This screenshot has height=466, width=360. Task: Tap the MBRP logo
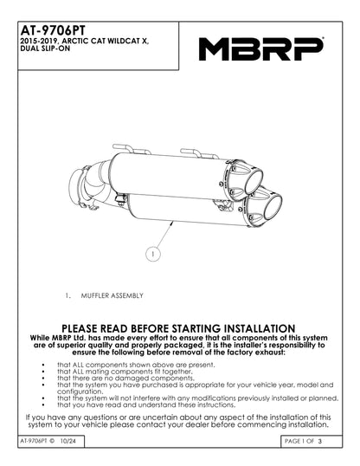coord(260,49)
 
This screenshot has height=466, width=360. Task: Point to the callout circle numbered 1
coord(151,255)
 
